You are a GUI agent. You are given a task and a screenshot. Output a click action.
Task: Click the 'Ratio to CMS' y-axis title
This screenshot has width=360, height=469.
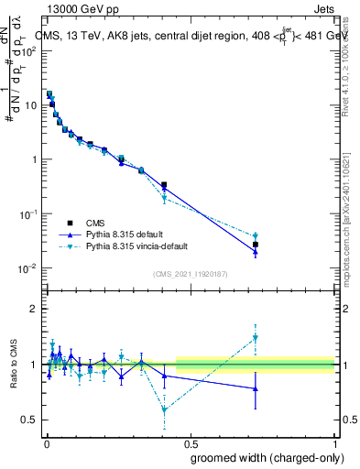pos(14,365)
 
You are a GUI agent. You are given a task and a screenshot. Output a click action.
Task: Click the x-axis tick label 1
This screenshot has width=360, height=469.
pos(335,442)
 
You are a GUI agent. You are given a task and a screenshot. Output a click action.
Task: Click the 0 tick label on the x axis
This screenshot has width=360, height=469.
pos(47,442)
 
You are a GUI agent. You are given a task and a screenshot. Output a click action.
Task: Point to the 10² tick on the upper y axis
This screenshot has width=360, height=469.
pos(31,50)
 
